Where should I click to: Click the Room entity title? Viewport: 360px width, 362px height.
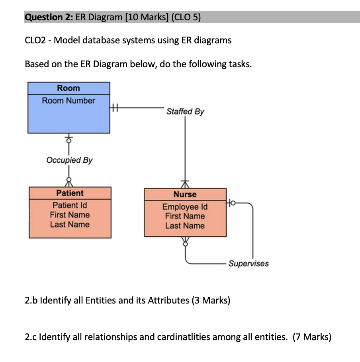coord(68,88)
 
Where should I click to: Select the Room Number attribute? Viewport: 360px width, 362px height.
coord(68,101)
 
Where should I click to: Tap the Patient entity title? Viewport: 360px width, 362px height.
coord(70,193)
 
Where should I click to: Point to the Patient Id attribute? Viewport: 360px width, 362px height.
coord(70,205)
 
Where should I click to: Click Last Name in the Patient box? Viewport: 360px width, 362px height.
coord(70,224)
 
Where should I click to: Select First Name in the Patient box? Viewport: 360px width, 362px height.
coord(70,215)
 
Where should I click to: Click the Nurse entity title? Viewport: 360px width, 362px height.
coord(185,195)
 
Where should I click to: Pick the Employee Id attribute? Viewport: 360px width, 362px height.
coord(185,207)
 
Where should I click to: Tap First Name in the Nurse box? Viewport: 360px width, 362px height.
coord(185,216)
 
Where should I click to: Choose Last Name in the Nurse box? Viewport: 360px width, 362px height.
coord(185,226)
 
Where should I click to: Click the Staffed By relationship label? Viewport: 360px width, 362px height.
coord(185,111)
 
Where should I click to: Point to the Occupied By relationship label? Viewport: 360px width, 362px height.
coord(69,160)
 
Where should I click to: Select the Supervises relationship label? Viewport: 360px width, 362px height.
coord(248,263)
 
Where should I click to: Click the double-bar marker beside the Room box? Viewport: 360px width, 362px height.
coord(115,107)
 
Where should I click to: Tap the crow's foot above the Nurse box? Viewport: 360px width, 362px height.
coord(185,184)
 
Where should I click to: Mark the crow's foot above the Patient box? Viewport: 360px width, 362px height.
coord(69,183)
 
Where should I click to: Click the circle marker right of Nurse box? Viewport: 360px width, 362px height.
coord(232,204)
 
